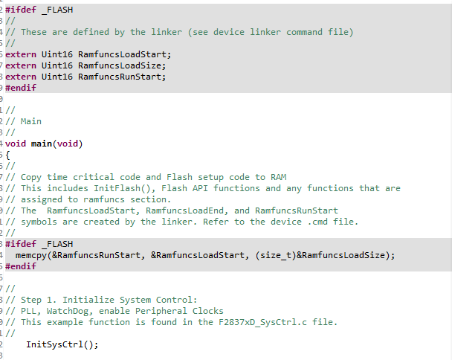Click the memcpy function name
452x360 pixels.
click(x=31, y=255)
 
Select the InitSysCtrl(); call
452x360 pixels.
click(x=62, y=344)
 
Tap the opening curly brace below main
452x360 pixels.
click(x=8, y=155)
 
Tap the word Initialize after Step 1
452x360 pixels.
click(x=92, y=300)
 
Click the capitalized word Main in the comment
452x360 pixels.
click(x=31, y=121)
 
